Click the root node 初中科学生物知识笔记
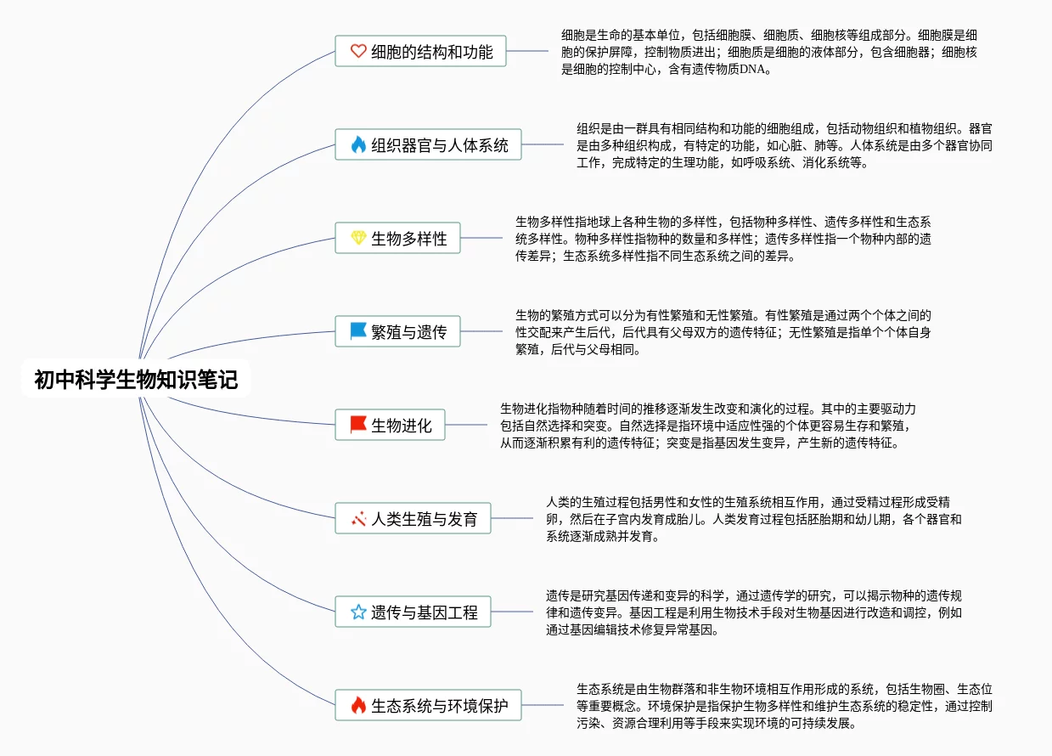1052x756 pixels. pyautogui.click(x=136, y=380)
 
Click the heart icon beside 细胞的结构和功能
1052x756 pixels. pyautogui.click(x=358, y=52)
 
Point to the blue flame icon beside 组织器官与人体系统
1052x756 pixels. pyautogui.click(x=358, y=145)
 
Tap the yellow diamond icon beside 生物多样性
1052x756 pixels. pyautogui.click(x=358, y=239)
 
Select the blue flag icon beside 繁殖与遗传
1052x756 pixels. pyautogui.click(x=358, y=332)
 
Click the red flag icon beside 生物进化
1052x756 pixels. pyautogui.click(x=358, y=426)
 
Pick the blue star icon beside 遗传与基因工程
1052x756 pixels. pyautogui.click(x=358, y=612)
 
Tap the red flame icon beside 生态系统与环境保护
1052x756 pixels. pyautogui.click(x=358, y=705)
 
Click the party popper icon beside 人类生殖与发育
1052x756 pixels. pyautogui.click(x=358, y=518)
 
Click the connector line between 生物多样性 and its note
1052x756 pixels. pyautogui.click(x=481, y=238)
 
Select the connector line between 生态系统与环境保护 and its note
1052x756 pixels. pyautogui.click(x=543, y=704)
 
